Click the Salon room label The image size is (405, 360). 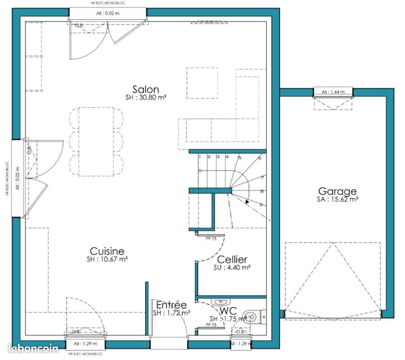click(145, 89)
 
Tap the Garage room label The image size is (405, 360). click(337, 191)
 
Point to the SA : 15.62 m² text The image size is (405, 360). click(337, 199)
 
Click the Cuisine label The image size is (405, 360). click(107, 251)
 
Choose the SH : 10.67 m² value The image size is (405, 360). click(107, 259)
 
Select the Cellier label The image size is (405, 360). click(232, 260)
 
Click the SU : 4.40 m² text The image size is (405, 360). click(232, 267)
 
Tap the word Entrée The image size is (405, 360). click(171, 305)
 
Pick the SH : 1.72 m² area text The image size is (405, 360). click(171, 313)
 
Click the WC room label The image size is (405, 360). click(229, 310)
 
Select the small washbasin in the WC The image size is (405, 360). click(220, 301)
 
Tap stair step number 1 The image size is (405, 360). click(199, 157)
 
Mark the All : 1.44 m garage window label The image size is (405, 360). click(333, 92)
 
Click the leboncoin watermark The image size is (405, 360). click(33, 348)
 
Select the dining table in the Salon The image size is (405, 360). click(96, 141)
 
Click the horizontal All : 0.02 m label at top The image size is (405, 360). click(108, 13)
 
